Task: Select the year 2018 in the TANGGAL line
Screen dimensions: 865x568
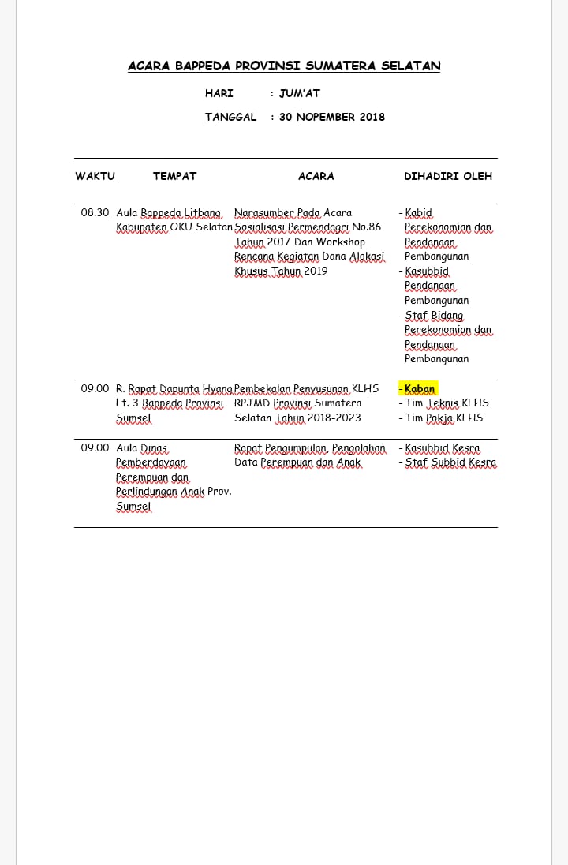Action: [372, 117]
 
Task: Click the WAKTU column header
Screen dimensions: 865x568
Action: [95, 176]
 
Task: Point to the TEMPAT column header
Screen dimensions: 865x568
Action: [174, 176]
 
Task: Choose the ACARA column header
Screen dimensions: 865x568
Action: [316, 176]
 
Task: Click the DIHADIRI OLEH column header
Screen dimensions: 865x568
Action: [448, 176]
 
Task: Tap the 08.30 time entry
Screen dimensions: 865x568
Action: [95, 212]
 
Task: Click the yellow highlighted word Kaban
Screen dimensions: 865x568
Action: [420, 388]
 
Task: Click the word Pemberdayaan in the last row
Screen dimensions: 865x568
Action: [151, 462]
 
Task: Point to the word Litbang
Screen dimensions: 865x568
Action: [204, 212]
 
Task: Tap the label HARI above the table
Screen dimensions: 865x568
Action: [219, 93]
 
